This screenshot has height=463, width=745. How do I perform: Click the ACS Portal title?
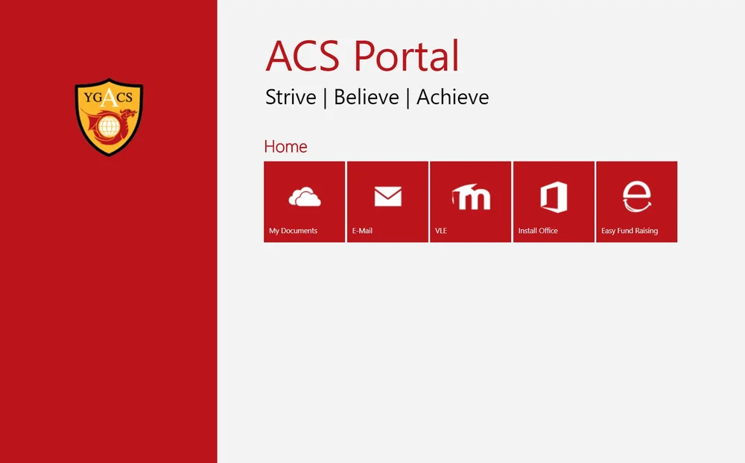pyautogui.click(x=362, y=56)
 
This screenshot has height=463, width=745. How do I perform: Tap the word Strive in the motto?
pyautogui.click(x=291, y=98)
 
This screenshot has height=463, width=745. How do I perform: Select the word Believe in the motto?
pyautogui.click(x=366, y=98)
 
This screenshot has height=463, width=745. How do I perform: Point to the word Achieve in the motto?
pyautogui.click(x=452, y=98)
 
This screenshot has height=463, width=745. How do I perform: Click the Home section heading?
pyautogui.click(x=285, y=147)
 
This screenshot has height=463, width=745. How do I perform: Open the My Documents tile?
pyautogui.click(x=304, y=202)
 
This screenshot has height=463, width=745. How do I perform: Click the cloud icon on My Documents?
pyautogui.click(x=304, y=197)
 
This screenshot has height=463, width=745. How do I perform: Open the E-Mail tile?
pyautogui.click(x=387, y=202)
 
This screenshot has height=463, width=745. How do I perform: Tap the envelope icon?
pyautogui.click(x=387, y=197)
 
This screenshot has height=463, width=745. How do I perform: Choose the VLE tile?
pyautogui.click(x=470, y=202)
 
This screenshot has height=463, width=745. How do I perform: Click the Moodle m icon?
pyautogui.click(x=472, y=197)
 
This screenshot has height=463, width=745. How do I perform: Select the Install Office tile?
pyautogui.click(x=554, y=202)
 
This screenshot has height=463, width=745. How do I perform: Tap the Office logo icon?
pyautogui.click(x=554, y=197)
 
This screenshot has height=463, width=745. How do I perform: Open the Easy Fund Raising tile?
pyautogui.click(x=636, y=202)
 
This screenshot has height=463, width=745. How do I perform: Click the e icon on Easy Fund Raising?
pyautogui.click(x=636, y=197)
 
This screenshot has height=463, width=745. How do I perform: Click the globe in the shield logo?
pyautogui.click(x=109, y=127)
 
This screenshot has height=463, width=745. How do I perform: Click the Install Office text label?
pyautogui.click(x=538, y=231)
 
